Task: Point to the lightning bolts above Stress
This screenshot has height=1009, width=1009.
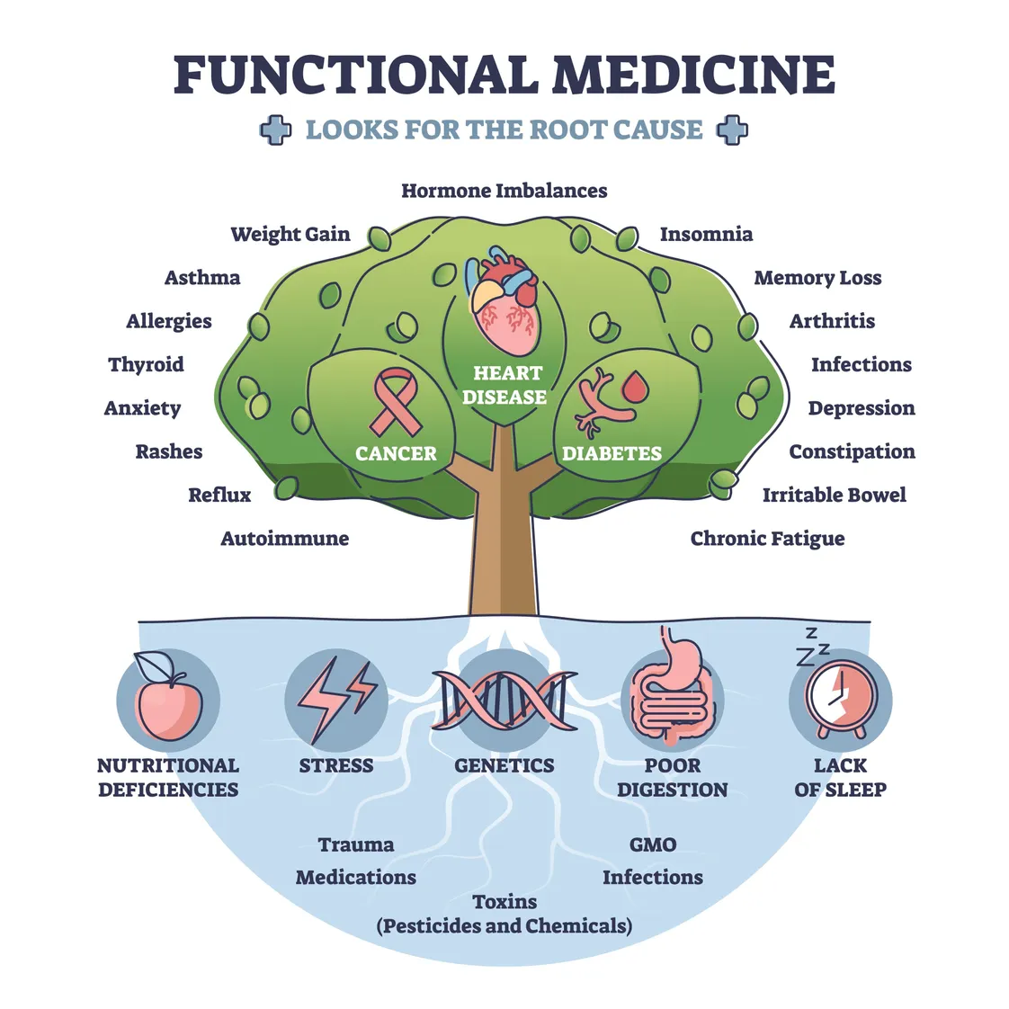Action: pyautogui.click(x=336, y=700)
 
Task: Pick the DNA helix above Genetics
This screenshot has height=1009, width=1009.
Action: pyautogui.click(x=504, y=700)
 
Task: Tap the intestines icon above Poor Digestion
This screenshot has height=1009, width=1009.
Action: pyautogui.click(x=673, y=697)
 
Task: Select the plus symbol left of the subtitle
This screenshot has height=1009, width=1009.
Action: pyautogui.click(x=275, y=130)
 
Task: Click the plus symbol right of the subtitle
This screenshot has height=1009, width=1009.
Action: pyautogui.click(x=732, y=130)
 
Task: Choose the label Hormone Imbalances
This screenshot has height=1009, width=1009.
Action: pyautogui.click(x=504, y=191)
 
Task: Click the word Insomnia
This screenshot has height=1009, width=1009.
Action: pyautogui.click(x=706, y=235)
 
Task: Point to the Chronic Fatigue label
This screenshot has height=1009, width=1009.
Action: pyautogui.click(x=767, y=539)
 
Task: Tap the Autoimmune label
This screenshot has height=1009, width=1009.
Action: pyautogui.click(x=284, y=539)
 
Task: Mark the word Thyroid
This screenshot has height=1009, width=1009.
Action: pyautogui.click(x=146, y=364)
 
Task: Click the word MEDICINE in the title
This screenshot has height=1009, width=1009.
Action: pyautogui.click(x=693, y=75)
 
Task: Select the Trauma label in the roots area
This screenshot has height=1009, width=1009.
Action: pyautogui.click(x=356, y=844)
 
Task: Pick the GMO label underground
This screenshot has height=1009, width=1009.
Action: pyautogui.click(x=653, y=844)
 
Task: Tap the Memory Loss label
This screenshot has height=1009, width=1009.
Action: pyautogui.click(x=817, y=278)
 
